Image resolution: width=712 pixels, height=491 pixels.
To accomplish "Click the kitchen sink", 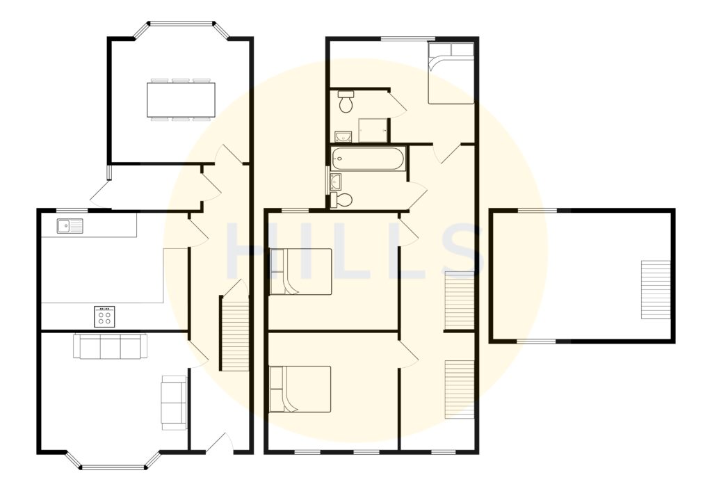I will [70, 225].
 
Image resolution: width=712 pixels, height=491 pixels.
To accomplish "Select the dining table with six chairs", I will [181, 99].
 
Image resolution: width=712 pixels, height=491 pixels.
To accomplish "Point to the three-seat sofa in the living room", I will [110, 346].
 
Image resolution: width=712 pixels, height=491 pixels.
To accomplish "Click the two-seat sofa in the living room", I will [174, 401].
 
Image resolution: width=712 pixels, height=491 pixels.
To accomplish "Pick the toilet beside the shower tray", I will [346, 104].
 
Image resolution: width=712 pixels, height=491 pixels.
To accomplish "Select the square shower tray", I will [373, 130].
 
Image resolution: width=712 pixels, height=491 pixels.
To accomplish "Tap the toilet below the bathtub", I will [343, 200].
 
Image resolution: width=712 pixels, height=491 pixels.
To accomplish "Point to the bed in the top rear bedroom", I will [451, 73].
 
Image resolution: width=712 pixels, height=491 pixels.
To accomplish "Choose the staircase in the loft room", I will [654, 289].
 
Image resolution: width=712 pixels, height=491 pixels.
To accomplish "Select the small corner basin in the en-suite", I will [341, 136].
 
